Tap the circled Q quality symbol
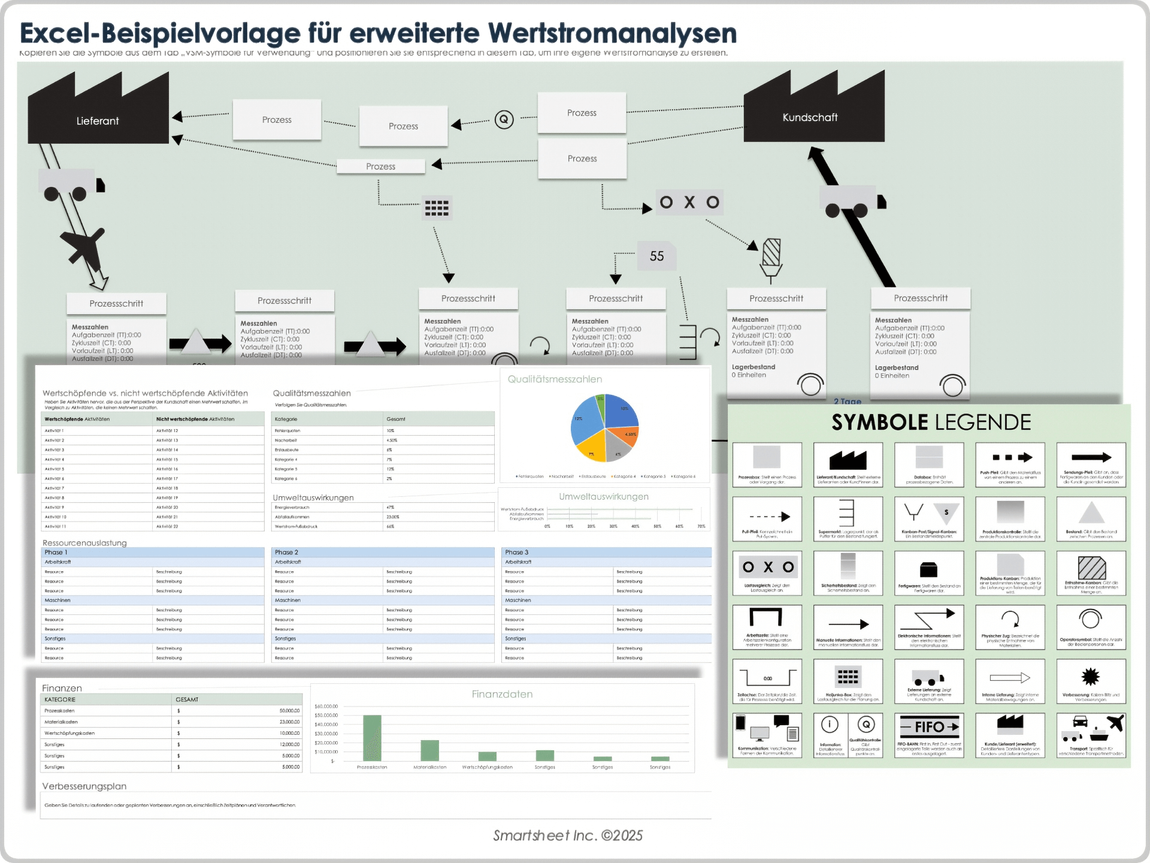click(504, 119)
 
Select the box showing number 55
click(656, 256)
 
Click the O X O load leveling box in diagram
click(689, 203)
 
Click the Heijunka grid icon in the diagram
click(437, 208)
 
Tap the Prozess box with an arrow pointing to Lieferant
click(276, 120)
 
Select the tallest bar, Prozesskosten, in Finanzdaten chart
click(372, 737)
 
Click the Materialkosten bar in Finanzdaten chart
click(429, 750)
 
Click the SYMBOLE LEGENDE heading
click(931, 423)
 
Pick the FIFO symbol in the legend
click(929, 727)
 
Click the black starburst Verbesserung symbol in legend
click(1090, 677)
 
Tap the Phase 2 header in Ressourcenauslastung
click(286, 552)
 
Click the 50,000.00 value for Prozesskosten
click(289, 711)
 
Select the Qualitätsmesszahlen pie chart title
click(555, 379)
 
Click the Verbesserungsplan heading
click(84, 786)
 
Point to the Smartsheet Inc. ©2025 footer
click(567, 835)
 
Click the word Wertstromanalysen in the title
click(612, 34)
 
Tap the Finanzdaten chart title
click(502, 694)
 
